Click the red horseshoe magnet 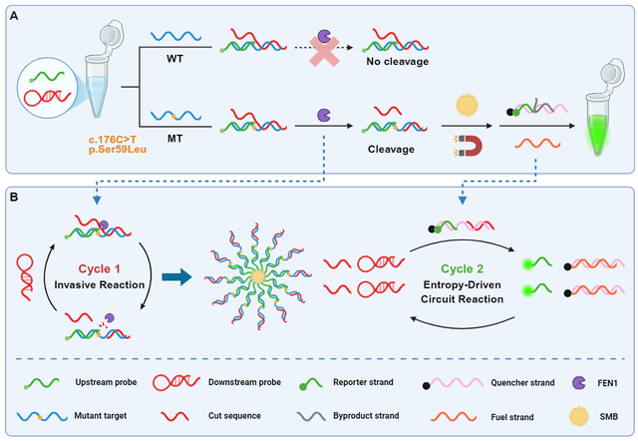coord(467,147)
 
